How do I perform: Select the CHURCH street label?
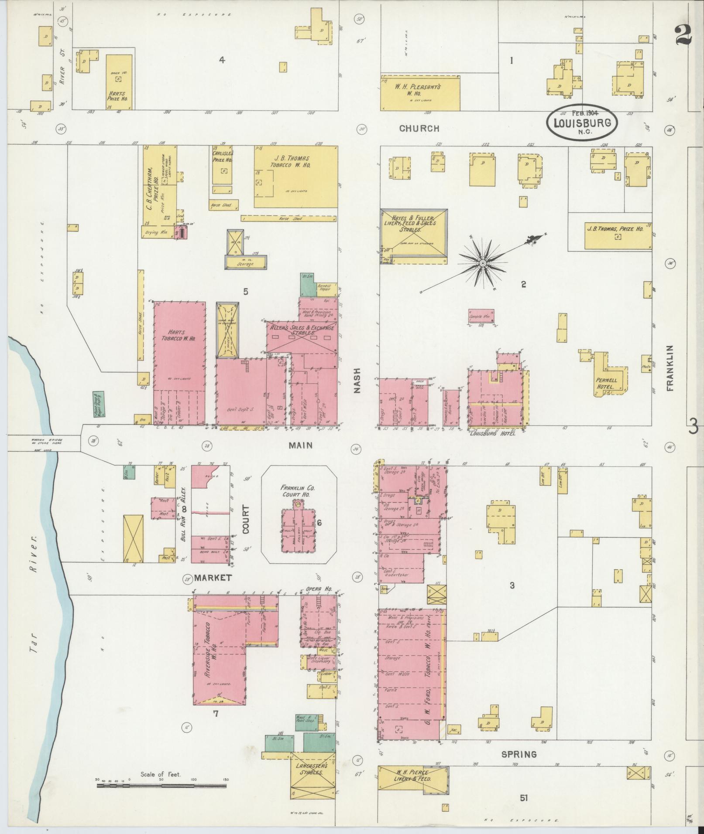(x=419, y=129)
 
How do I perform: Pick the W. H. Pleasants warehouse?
(x=420, y=93)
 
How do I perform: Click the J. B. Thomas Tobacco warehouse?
(x=295, y=177)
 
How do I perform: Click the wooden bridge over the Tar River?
(x=44, y=443)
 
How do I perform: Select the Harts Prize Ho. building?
(x=119, y=82)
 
